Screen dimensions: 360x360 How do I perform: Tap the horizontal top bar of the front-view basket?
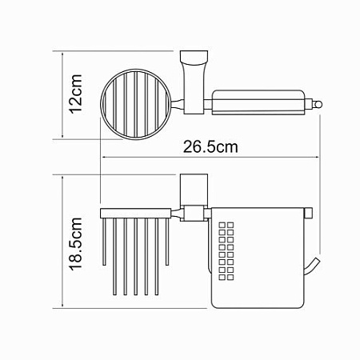136,212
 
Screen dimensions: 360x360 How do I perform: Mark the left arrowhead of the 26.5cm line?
102,158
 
